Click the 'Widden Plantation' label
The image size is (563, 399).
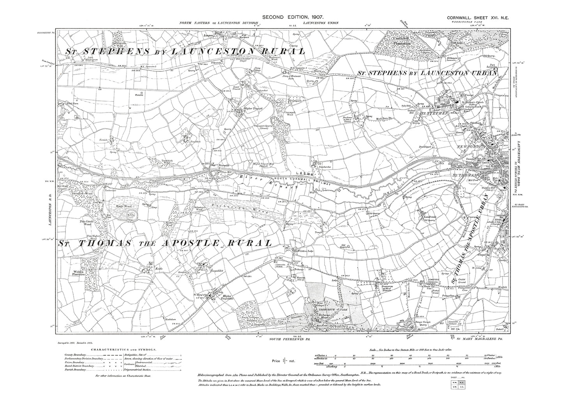pyautogui.click(x=78, y=273)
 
